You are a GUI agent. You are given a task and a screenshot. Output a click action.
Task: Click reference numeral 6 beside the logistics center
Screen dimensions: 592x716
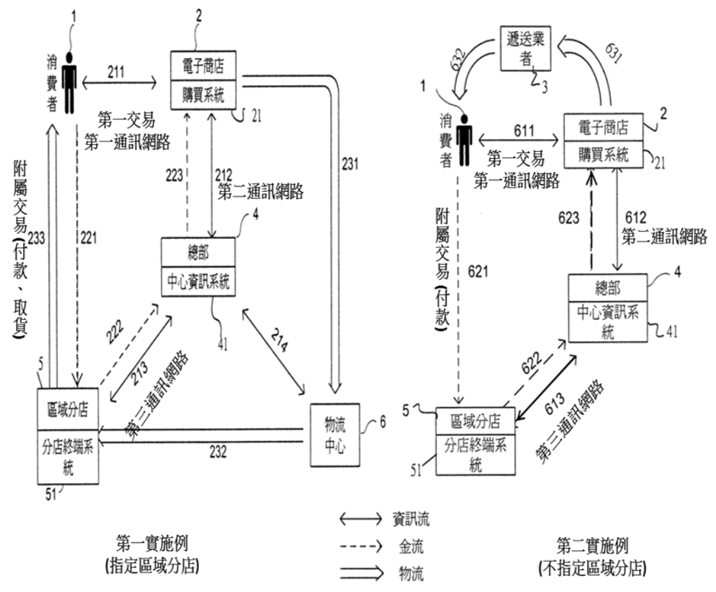383,423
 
